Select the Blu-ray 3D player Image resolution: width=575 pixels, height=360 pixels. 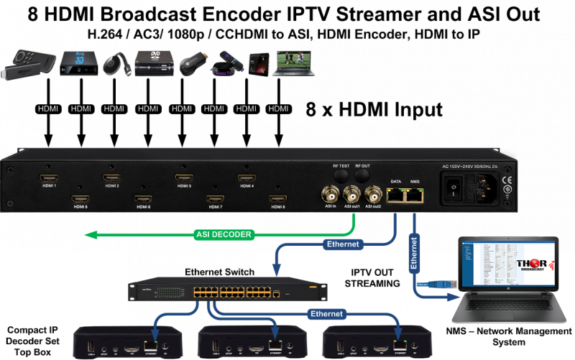point(78,63)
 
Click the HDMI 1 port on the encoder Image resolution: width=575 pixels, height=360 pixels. point(48,177)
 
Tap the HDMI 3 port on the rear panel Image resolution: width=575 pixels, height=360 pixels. point(183,177)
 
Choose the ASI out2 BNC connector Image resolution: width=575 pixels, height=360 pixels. point(373,194)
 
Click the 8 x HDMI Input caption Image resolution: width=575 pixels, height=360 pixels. point(373,110)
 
